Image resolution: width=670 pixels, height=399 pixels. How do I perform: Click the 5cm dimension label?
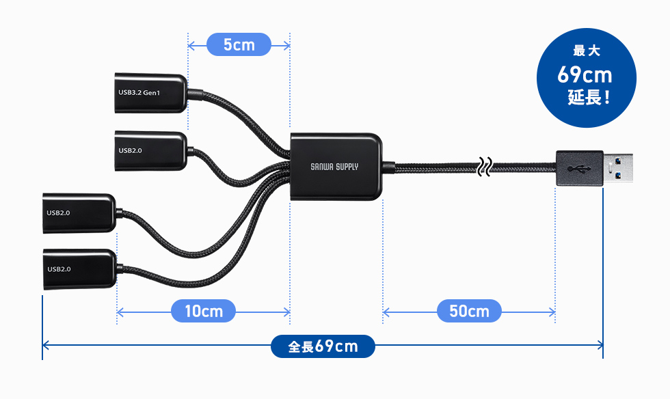(239, 44)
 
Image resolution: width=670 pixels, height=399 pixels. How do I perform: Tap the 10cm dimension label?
(204, 311)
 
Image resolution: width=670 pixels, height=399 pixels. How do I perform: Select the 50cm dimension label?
(469, 311)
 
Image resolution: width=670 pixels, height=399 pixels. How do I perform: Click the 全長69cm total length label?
(323, 346)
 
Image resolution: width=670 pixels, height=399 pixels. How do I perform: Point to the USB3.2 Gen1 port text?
(139, 93)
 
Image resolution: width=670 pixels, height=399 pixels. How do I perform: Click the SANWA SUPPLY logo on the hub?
(334, 167)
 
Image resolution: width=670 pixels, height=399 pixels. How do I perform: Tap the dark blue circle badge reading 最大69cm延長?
(587, 78)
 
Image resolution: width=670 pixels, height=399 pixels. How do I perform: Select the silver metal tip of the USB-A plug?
(618, 168)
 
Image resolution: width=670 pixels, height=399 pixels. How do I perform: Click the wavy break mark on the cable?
(485, 167)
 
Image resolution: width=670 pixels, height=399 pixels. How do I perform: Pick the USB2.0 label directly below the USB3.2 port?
(131, 151)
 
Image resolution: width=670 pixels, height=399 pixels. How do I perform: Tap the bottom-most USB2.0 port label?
(59, 269)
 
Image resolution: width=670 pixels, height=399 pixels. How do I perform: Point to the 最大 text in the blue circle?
(587, 51)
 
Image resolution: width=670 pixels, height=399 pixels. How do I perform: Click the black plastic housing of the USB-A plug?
(580, 168)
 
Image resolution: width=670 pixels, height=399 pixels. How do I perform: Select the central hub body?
(336, 167)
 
